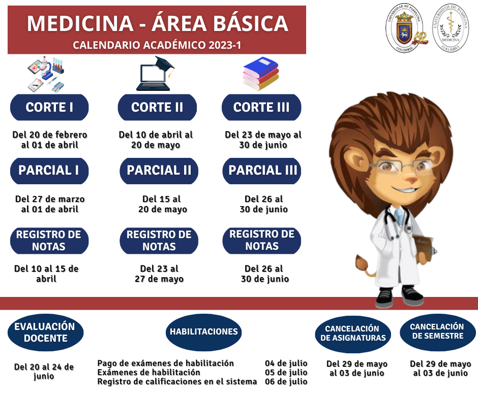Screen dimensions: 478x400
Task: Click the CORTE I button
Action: coord(49,107)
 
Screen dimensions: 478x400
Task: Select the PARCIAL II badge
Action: coord(159,171)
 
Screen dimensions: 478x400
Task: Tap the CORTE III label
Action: coord(261,107)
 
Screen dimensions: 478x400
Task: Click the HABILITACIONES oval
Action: coord(203,332)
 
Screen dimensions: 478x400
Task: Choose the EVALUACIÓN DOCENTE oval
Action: coord(45,332)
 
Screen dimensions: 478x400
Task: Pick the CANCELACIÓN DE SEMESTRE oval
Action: coord(437,332)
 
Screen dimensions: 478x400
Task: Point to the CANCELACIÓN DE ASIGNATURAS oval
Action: coord(353,334)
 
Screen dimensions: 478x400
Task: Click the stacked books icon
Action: coord(261,74)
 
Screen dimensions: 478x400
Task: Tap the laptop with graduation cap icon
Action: coord(155,74)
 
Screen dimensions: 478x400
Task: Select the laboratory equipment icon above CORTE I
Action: coord(46,74)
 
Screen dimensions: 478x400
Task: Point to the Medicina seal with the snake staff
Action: coord(451,28)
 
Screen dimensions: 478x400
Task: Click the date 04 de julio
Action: coord(286,363)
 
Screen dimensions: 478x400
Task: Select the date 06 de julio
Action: coord(286,382)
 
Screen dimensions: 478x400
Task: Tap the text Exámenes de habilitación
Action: coord(149,372)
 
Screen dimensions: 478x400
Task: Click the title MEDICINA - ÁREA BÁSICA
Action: coord(158,23)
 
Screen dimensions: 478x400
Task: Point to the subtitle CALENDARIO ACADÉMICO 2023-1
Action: coord(157,45)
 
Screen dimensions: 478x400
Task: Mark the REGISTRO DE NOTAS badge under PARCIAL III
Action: coord(262,241)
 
